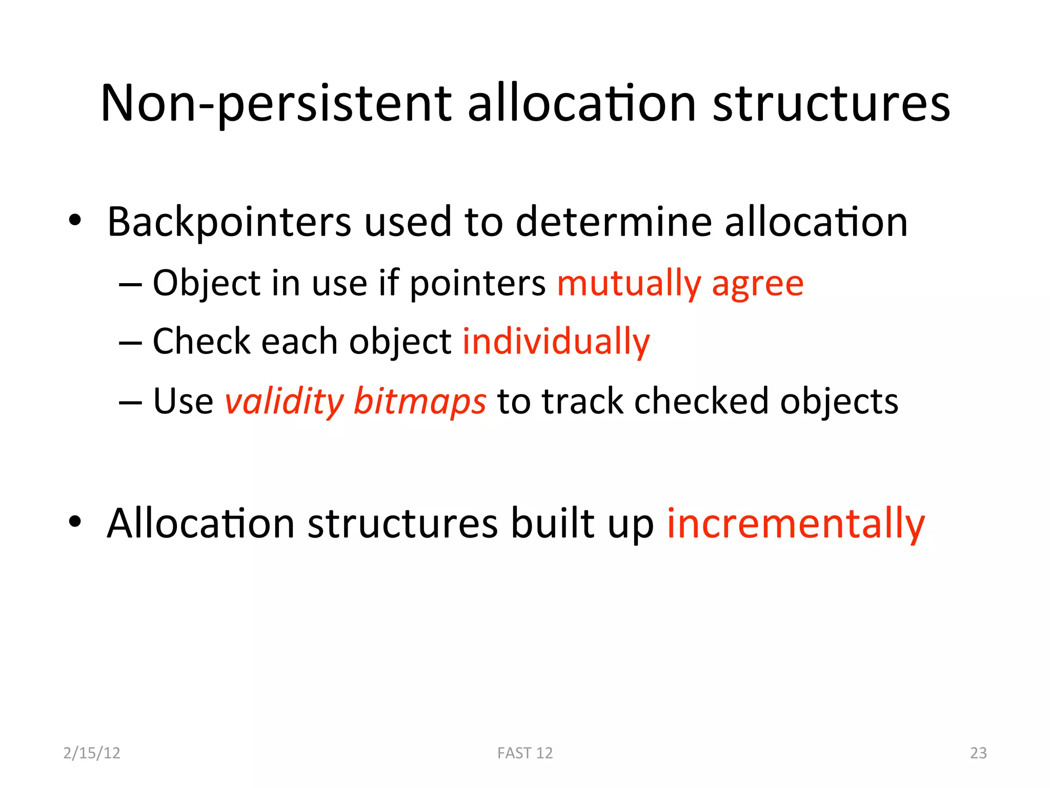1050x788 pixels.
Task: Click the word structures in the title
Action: [831, 104]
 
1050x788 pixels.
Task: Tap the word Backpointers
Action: [229, 222]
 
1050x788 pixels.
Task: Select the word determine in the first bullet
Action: [614, 222]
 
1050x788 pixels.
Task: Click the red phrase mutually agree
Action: [680, 283]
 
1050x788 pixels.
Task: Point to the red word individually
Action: [556, 342]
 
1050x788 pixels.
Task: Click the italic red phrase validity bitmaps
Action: [355, 401]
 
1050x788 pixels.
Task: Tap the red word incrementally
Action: [796, 524]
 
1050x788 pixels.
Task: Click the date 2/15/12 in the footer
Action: [92, 753]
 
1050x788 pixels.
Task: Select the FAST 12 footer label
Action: [525, 753]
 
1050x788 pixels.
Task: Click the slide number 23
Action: [978, 753]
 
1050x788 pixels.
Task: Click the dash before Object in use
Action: [130, 284]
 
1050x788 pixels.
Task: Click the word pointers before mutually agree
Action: [477, 283]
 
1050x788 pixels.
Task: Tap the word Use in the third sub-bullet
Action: [183, 401]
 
